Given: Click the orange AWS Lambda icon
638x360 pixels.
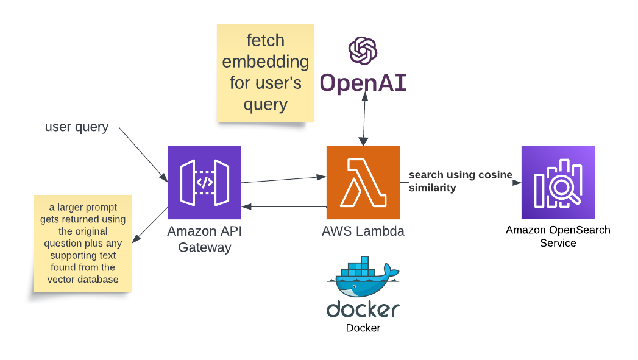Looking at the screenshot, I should tap(363, 182).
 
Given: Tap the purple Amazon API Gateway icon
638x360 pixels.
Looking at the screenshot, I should tap(204, 182).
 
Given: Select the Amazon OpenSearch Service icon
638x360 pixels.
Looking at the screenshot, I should tap(558, 182).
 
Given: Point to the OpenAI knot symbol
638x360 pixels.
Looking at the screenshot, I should tap(363, 51).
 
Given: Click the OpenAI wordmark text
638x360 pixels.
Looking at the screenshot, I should tap(363, 83).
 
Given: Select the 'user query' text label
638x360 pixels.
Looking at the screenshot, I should tap(77, 127).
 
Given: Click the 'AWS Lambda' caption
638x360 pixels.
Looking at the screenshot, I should tap(363, 231).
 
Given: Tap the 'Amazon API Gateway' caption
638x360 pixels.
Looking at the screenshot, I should tap(204, 239).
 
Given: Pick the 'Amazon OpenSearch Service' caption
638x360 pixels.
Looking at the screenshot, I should tap(558, 236).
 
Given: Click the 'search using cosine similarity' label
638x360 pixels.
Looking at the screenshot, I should tap(459, 181).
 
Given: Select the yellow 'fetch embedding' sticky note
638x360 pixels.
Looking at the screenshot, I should tap(265, 72).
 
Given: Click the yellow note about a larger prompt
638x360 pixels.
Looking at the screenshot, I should tap(82, 244).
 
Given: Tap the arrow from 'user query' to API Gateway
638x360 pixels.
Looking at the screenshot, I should tap(144, 155).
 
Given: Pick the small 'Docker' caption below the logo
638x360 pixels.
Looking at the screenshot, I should tap(363, 328).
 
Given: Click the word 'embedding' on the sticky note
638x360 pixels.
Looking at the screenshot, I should tap(265, 62).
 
